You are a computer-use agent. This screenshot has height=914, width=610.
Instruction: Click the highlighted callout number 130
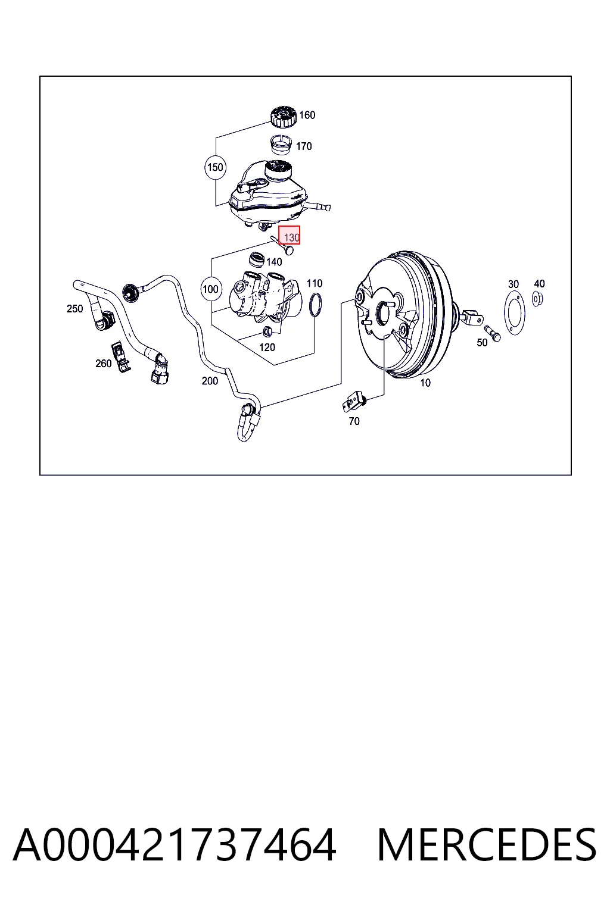point(290,236)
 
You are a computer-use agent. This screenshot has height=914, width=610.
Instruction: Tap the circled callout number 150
point(215,167)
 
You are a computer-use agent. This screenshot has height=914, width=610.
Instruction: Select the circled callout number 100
point(211,289)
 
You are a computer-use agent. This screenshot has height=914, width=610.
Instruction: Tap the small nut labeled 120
point(267,331)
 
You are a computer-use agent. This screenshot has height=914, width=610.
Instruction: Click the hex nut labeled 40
point(538,299)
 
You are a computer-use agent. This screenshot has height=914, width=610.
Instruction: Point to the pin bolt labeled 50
point(492,333)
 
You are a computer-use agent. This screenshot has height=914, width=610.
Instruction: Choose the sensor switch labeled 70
point(354,402)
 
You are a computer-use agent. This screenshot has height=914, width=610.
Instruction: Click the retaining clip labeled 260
point(121,356)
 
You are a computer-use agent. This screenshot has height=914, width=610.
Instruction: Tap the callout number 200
point(210,381)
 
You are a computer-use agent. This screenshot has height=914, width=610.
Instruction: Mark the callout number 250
point(75,309)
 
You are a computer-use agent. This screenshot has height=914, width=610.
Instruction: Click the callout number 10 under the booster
point(425,383)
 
